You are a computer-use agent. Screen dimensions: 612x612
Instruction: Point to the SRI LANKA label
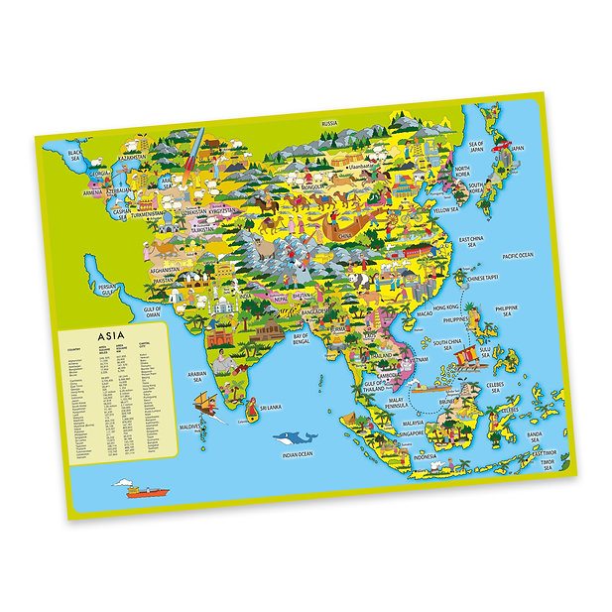tap(271, 407)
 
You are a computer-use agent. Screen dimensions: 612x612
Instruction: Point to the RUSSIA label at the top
tap(330, 122)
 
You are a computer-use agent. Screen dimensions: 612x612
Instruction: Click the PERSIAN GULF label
tap(100, 289)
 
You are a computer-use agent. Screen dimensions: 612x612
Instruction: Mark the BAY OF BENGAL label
tap(302, 339)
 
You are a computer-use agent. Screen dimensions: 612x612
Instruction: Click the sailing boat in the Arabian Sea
tap(204, 400)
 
